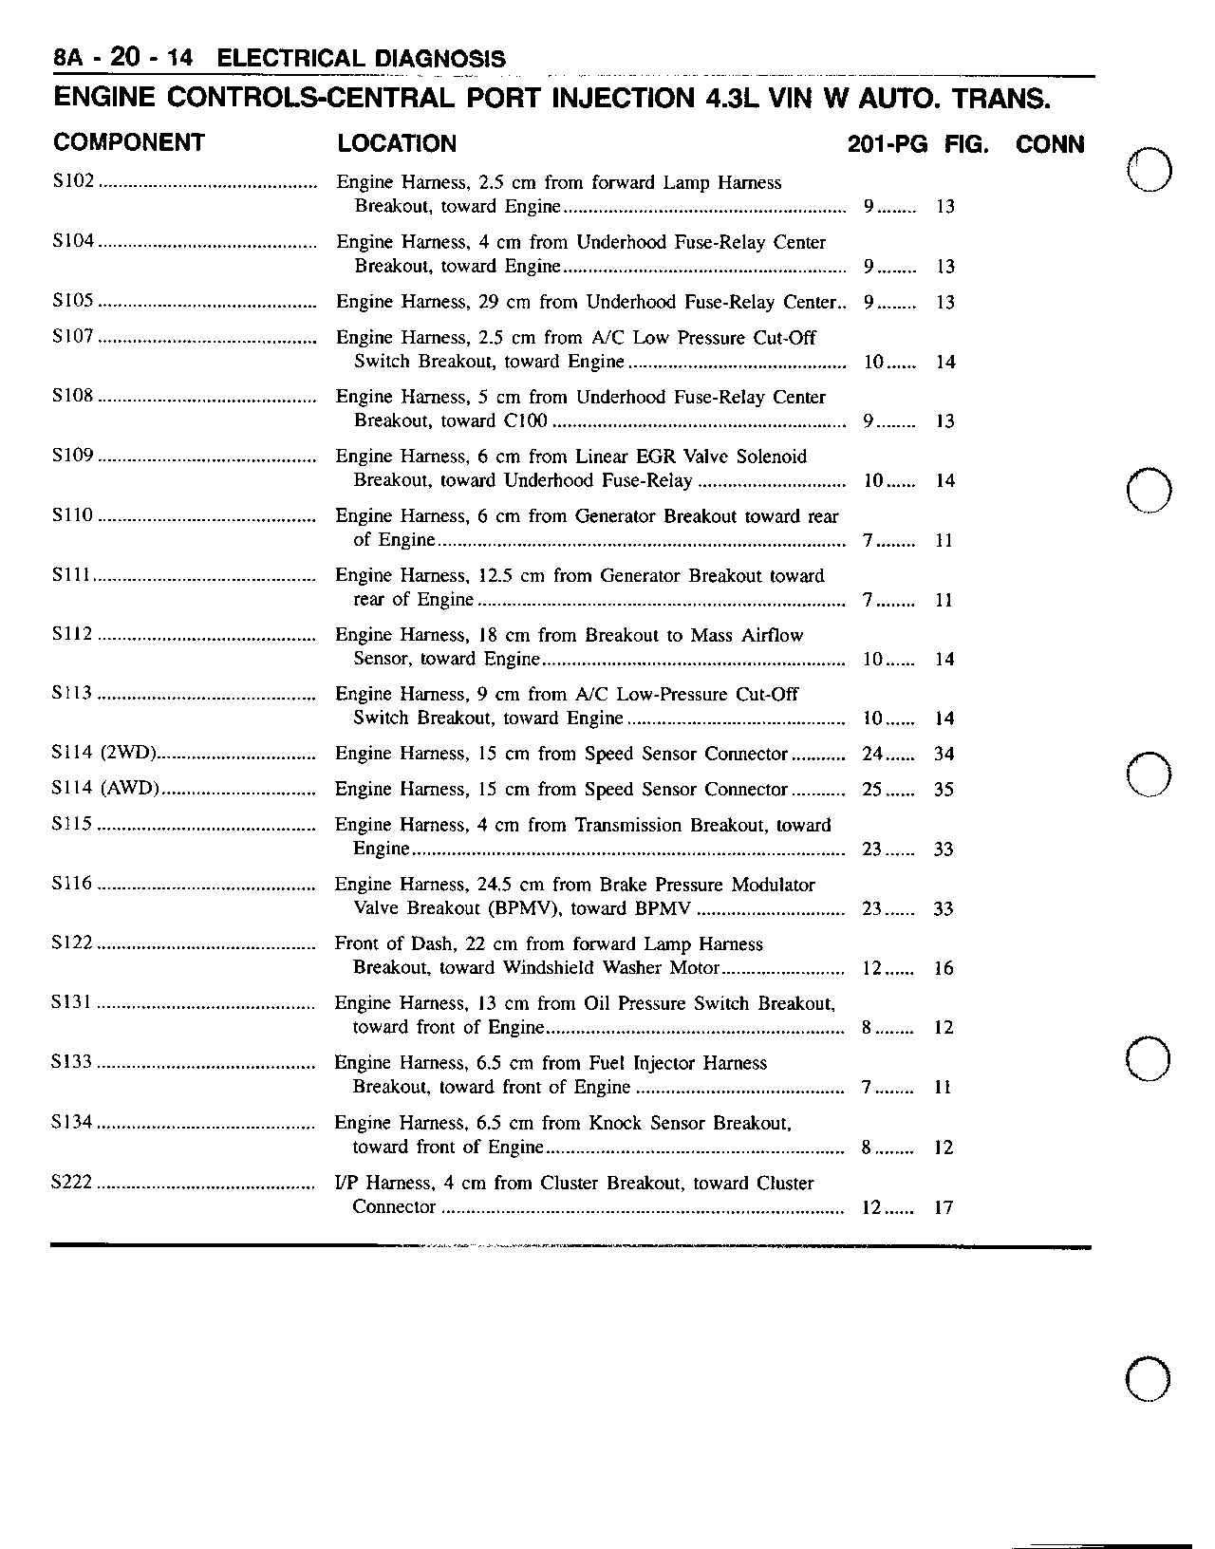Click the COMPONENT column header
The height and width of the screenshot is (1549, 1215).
pos(129,143)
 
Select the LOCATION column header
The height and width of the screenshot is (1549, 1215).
pos(397,144)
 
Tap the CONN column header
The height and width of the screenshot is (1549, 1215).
pos(1050,144)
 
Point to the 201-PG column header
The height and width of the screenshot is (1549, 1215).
pos(887,144)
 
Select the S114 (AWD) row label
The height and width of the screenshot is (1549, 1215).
pos(104,789)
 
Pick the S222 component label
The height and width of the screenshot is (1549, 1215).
pos(72,1183)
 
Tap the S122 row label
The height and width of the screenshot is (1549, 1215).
pos(72,943)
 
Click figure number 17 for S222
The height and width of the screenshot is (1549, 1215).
pos(943,1207)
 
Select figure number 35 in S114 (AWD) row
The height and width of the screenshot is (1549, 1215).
pos(943,790)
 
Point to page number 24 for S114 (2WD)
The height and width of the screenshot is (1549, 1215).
pos(872,755)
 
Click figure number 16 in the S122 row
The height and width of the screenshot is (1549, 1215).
pos(943,968)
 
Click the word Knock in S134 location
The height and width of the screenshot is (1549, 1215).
pos(615,1123)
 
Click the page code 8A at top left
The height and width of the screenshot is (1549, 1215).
pos(69,59)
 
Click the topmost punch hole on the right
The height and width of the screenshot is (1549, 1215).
pos(1150,171)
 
